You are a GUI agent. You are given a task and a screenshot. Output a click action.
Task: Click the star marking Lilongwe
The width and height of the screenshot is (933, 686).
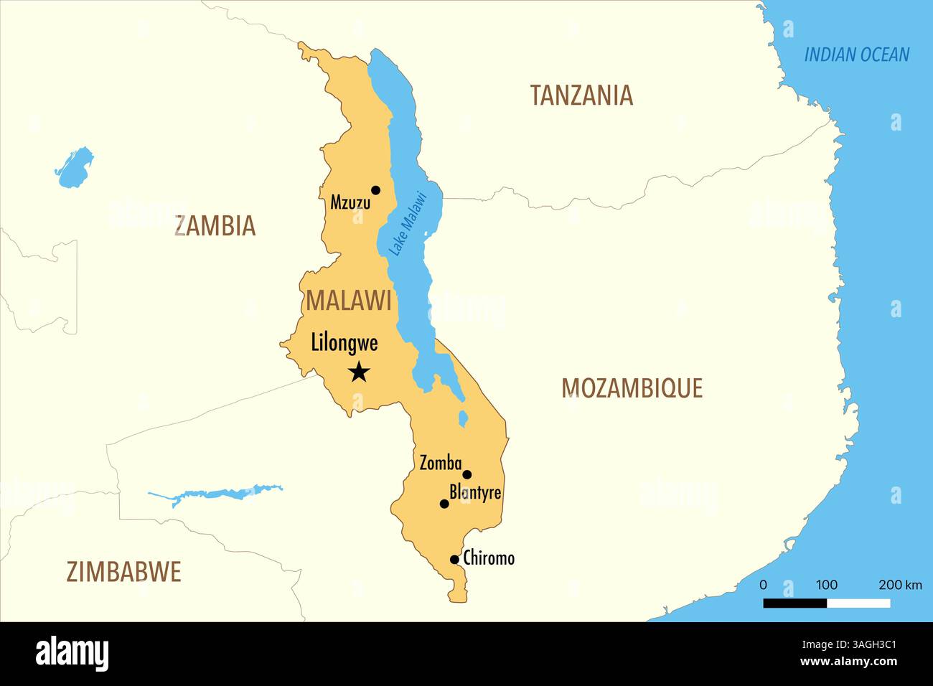click(359, 372)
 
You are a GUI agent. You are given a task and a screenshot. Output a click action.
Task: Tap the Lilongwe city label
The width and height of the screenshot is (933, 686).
click(344, 343)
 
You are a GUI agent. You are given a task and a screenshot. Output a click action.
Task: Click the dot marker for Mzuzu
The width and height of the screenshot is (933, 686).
click(375, 190)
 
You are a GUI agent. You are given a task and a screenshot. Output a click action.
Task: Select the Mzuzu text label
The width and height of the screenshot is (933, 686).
click(350, 203)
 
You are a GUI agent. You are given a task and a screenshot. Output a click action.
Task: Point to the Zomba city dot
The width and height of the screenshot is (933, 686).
click(467, 474)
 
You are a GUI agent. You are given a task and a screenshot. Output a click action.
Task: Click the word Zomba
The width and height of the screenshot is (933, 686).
click(440, 464)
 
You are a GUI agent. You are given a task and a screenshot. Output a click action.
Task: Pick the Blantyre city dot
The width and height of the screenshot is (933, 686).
click(444, 504)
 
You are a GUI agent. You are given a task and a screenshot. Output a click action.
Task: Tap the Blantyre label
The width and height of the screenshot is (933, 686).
click(475, 492)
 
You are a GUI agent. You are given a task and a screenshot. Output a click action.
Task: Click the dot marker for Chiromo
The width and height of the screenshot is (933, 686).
click(454, 560)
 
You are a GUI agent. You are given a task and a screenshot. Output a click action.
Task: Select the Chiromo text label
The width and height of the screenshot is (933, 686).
click(489, 558)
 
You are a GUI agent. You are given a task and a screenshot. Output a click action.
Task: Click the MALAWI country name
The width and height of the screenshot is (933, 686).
click(349, 301)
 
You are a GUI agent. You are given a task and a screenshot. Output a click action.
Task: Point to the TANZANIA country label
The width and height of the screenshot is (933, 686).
click(581, 95)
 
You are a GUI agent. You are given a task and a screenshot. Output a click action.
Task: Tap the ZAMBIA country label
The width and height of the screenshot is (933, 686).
click(215, 226)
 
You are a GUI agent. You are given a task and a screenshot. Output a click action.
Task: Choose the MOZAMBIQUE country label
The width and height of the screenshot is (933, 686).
click(632, 388)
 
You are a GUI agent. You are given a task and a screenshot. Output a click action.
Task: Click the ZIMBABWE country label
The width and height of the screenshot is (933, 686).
click(123, 572)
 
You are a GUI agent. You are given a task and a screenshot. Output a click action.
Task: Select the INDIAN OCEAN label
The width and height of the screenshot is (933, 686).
click(856, 55)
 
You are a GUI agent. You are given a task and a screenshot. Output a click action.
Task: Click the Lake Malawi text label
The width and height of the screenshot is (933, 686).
click(408, 223)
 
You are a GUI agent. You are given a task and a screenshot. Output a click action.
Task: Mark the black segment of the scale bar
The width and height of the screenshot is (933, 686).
click(794, 603)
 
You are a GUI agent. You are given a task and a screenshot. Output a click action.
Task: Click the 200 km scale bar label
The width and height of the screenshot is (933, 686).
click(900, 585)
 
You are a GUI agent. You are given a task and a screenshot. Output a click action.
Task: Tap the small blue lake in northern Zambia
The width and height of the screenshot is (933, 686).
click(75, 168)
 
